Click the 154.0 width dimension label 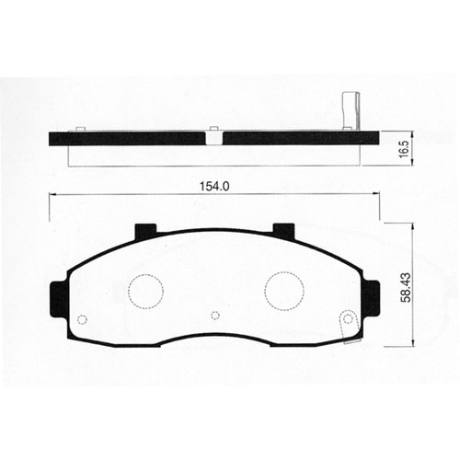tap(214, 187)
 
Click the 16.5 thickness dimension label tap(405, 149)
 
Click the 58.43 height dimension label tap(406, 287)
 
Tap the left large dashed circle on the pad tap(145, 292)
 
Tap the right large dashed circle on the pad tap(284, 291)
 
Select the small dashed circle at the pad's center tap(215, 316)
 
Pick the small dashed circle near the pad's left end tap(82, 319)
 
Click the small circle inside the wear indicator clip tap(348, 319)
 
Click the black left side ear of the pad tap(57, 300)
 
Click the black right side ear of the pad tap(372, 298)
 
